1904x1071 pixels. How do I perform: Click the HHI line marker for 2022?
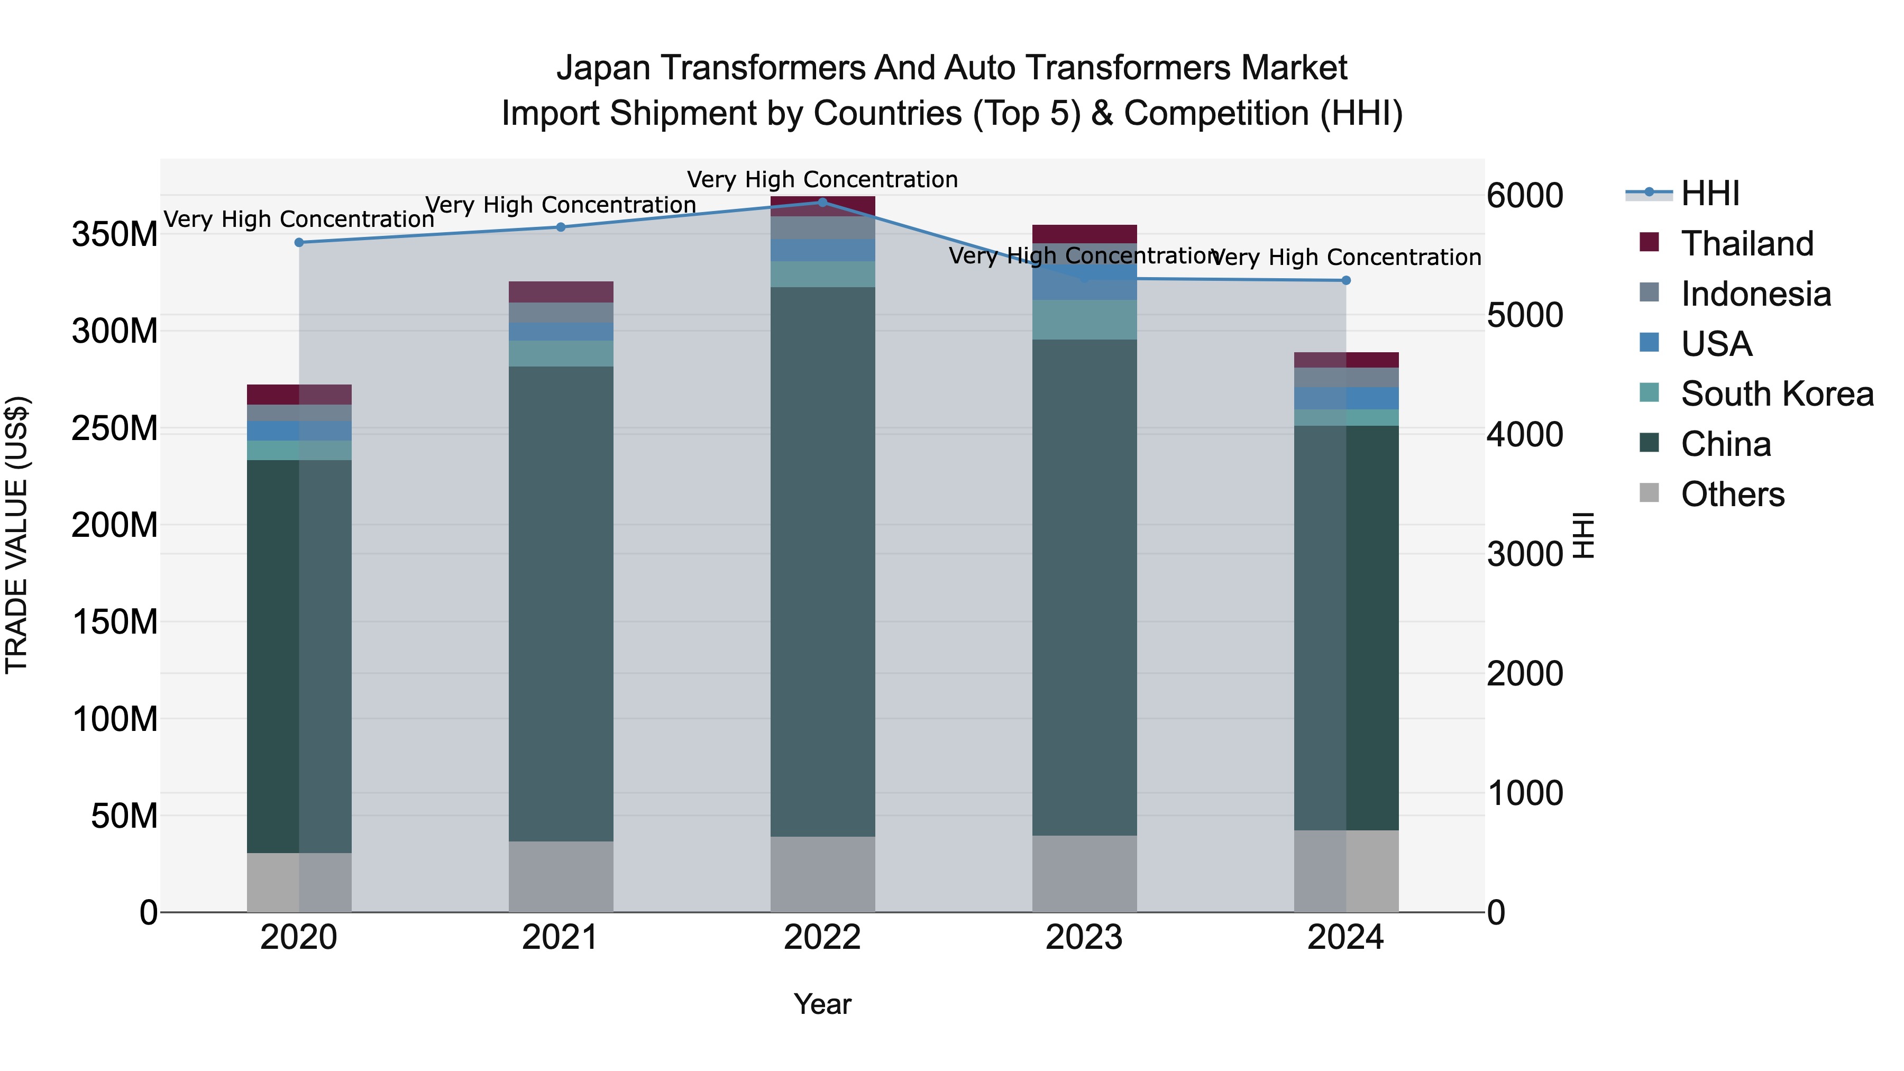[x=822, y=203]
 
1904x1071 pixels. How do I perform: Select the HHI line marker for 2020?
[x=299, y=242]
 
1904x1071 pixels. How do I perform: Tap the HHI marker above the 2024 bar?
[x=1346, y=281]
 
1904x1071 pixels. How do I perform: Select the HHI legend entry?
[x=1709, y=194]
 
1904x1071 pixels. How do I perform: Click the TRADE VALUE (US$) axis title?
[x=17, y=534]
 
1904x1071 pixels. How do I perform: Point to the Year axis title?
[x=822, y=1004]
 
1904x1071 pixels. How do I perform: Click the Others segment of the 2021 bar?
[x=560, y=876]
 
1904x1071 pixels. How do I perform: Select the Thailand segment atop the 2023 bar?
[x=1084, y=234]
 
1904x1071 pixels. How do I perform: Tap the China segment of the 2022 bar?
[x=822, y=562]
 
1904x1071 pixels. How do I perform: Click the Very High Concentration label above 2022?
[x=822, y=180]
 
